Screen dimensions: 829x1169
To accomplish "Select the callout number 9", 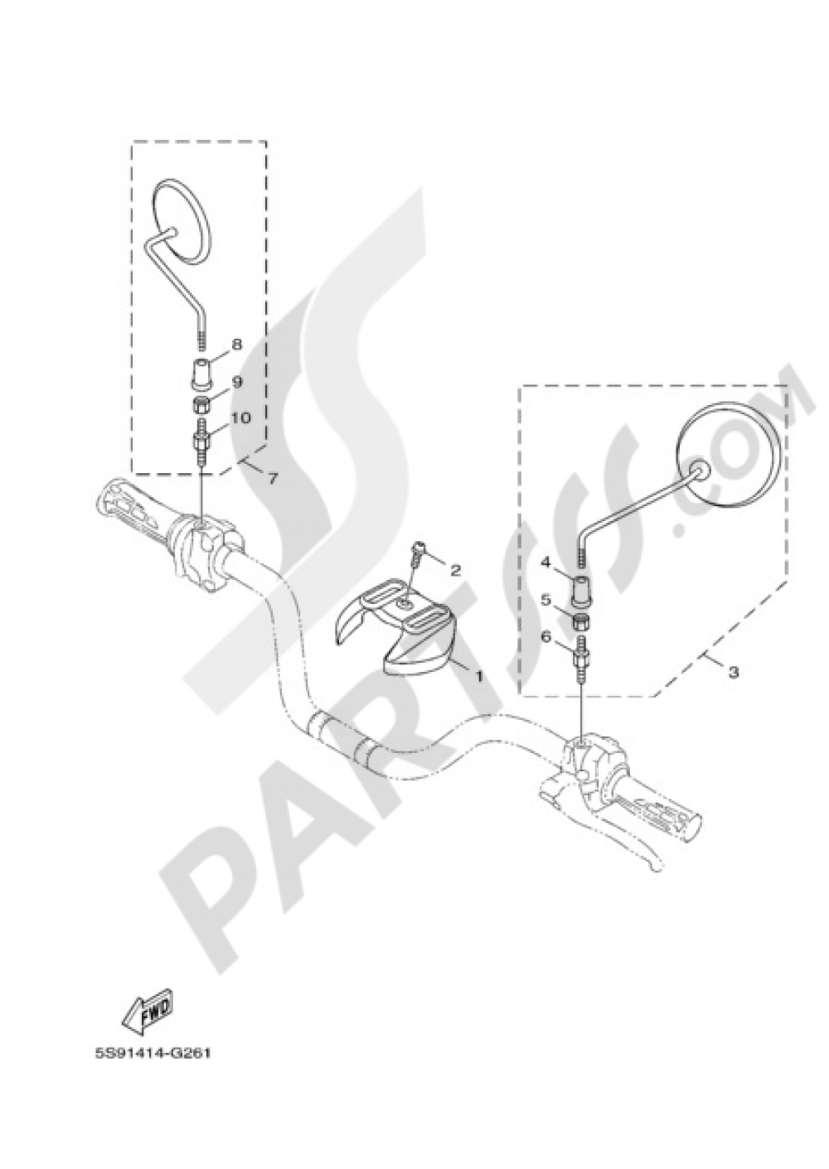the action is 236,382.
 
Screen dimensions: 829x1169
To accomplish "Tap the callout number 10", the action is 240,418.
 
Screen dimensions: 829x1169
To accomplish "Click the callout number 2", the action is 455,570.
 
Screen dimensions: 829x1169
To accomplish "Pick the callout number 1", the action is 478,676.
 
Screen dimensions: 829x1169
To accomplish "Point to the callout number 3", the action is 734,673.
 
